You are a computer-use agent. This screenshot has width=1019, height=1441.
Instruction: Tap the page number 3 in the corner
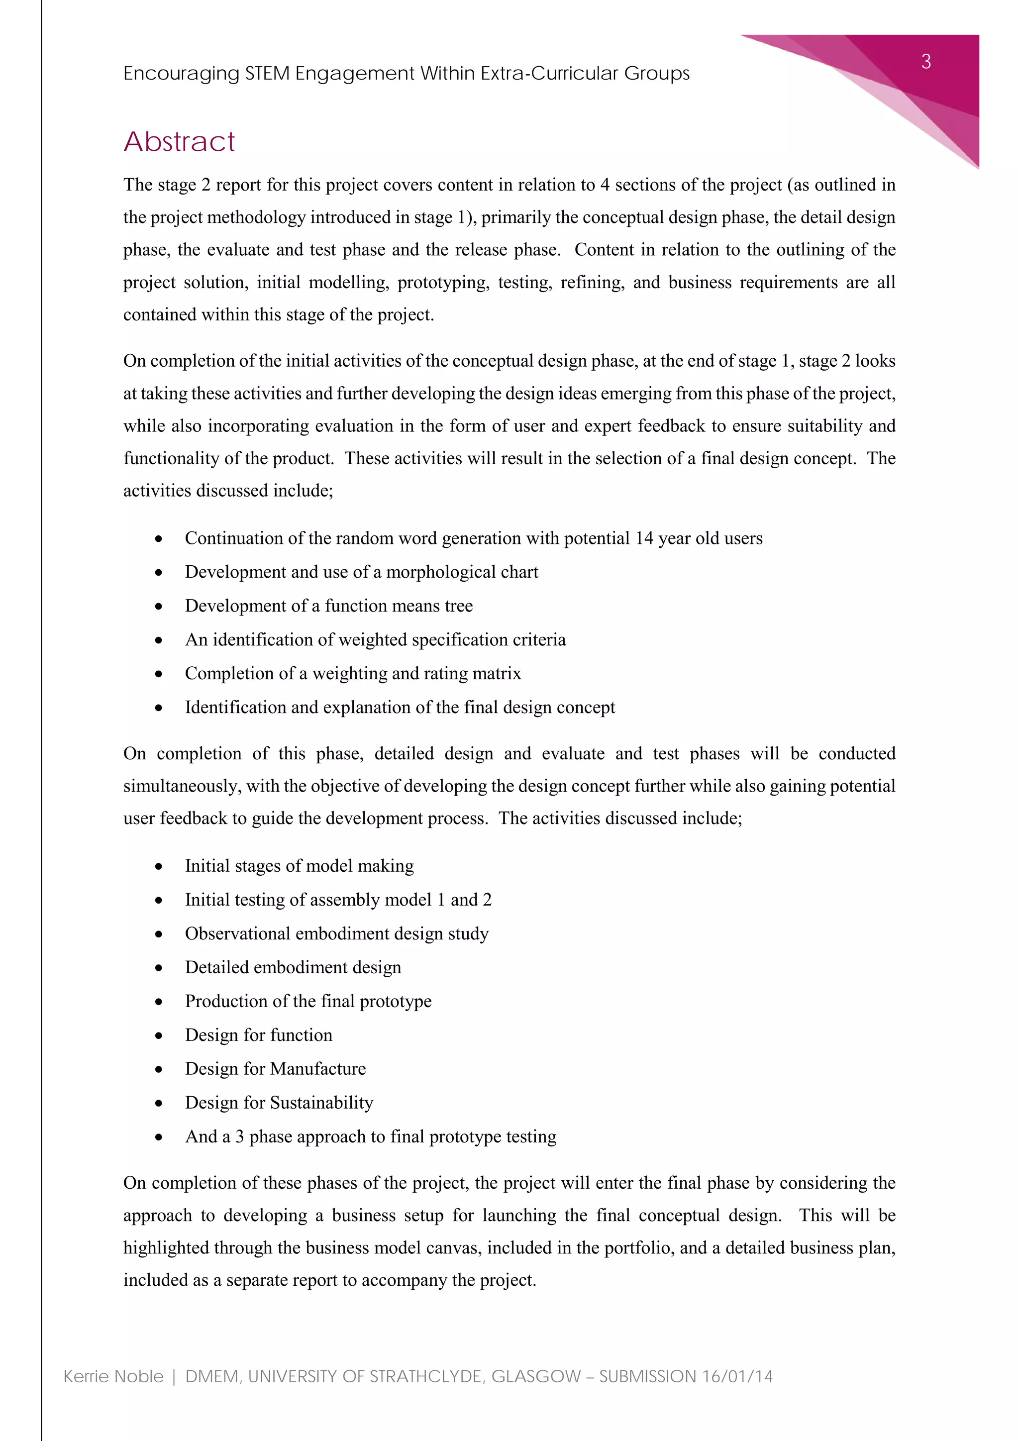tap(925, 62)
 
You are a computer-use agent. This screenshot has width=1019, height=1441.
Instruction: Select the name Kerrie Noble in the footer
tap(113, 1376)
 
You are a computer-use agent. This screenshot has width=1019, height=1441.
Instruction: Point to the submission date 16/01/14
tap(737, 1376)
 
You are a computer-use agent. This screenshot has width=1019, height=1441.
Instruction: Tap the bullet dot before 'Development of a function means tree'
tap(159, 606)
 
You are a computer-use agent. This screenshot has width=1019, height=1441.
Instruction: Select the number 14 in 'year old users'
tap(644, 538)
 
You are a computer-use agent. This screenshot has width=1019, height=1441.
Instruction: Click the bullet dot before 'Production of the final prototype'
tap(159, 1002)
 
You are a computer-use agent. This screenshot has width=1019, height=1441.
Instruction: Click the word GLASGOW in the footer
tap(536, 1376)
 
